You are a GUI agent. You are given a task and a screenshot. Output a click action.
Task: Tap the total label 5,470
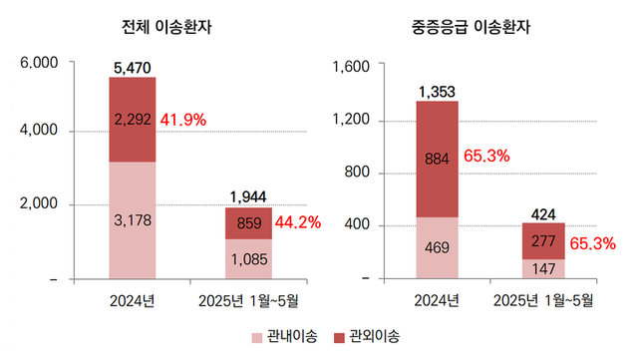click(133, 67)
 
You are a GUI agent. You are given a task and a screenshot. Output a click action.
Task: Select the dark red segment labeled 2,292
click(132, 120)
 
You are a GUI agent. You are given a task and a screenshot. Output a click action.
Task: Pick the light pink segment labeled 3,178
click(132, 218)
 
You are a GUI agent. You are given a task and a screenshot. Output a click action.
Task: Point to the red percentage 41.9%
click(182, 120)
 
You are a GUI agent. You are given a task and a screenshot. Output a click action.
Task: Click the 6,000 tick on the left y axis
click(39, 62)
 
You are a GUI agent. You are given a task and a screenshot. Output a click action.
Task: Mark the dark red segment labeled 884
click(437, 158)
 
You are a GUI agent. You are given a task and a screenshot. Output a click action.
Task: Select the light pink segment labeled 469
click(437, 247)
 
